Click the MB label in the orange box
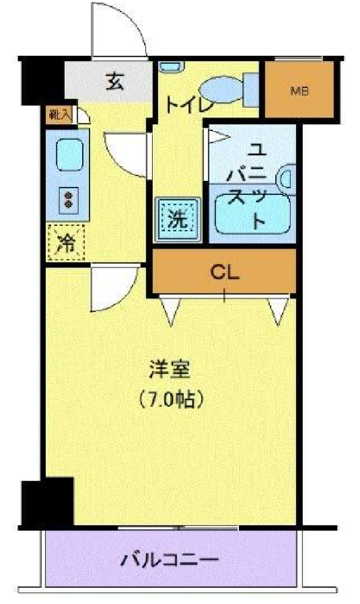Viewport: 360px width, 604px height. point(299,91)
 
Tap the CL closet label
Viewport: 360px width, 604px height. point(225,272)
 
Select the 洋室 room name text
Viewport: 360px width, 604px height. point(170,369)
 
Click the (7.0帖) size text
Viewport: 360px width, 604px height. point(170,399)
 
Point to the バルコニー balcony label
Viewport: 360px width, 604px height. point(170,560)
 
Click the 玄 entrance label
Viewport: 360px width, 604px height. point(115,81)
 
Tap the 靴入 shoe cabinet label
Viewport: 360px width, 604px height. point(59,115)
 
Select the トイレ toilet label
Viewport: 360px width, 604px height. point(190,104)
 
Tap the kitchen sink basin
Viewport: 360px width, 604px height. point(69,155)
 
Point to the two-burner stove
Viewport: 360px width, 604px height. point(69,200)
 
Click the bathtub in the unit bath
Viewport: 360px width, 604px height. point(252,215)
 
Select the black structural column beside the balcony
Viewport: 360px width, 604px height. point(47,502)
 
